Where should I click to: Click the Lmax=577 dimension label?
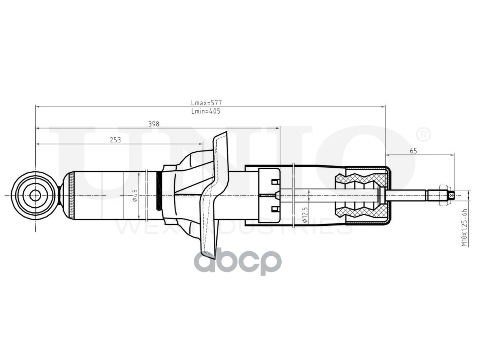click(206, 102)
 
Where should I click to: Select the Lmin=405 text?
click(206, 111)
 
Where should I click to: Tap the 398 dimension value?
click(154, 124)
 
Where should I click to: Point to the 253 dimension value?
click(115, 140)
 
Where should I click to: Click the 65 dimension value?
click(413, 151)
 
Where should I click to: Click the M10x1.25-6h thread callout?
click(464, 228)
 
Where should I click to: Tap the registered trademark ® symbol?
click(423, 135)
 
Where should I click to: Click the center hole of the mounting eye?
click(35, 195)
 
